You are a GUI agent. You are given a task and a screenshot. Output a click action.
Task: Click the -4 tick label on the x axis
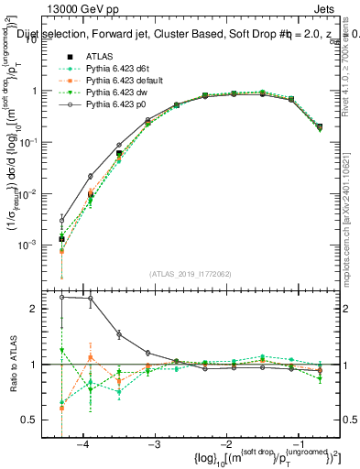coord(82,444)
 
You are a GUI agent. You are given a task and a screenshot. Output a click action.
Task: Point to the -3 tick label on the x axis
coord(153,444)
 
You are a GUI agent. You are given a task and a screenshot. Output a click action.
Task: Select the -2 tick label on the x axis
coord(224,444)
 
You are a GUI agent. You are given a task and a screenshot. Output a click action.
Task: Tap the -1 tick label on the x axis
coord(294,444)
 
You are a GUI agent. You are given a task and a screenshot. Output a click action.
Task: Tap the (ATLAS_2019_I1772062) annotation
coord(191,274)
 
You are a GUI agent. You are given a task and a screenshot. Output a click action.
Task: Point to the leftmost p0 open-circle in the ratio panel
coord(61,297)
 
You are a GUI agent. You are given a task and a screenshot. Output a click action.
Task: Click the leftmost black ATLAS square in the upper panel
coord(61,240)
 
